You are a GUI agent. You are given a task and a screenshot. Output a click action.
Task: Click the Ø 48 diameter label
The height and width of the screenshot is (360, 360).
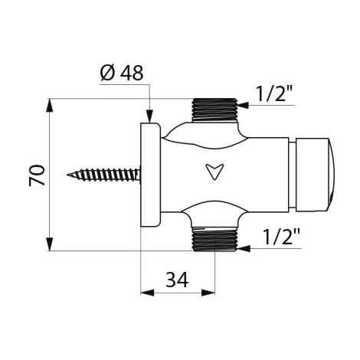click(122, 73)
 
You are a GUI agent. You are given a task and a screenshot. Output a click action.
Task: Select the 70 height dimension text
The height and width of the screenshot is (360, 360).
click(37, 175)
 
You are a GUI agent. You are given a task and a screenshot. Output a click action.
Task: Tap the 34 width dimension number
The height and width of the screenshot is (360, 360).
click(177, 280)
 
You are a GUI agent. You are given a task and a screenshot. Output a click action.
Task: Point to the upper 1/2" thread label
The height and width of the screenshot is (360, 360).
click(274, 93)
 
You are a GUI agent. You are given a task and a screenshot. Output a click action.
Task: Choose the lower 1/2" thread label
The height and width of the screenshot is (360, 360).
click(281, 237)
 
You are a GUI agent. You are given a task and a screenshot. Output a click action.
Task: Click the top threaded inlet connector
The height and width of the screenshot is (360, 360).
click(214, 110)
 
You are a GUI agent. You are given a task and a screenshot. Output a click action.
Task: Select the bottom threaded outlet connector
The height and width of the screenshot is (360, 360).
click(214, 239)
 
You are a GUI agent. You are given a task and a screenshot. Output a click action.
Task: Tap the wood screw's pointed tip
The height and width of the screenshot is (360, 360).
click(67, 175)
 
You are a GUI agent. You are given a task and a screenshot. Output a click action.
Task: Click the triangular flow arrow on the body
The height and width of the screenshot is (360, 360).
click(214, 172)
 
